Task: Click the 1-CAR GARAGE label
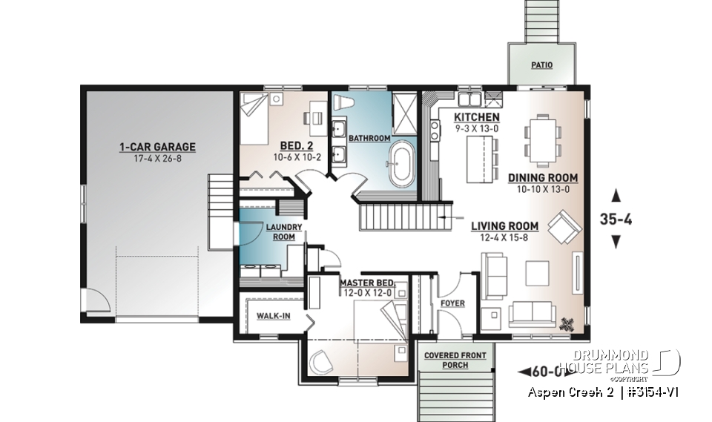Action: pyautogui.click(x=157, y=148)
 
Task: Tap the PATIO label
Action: pyautogui.click(x=541, y=65)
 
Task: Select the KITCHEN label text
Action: pyautogui.click(x=477, y=118)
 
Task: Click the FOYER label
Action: pyautogui.click(x=452, y=303)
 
